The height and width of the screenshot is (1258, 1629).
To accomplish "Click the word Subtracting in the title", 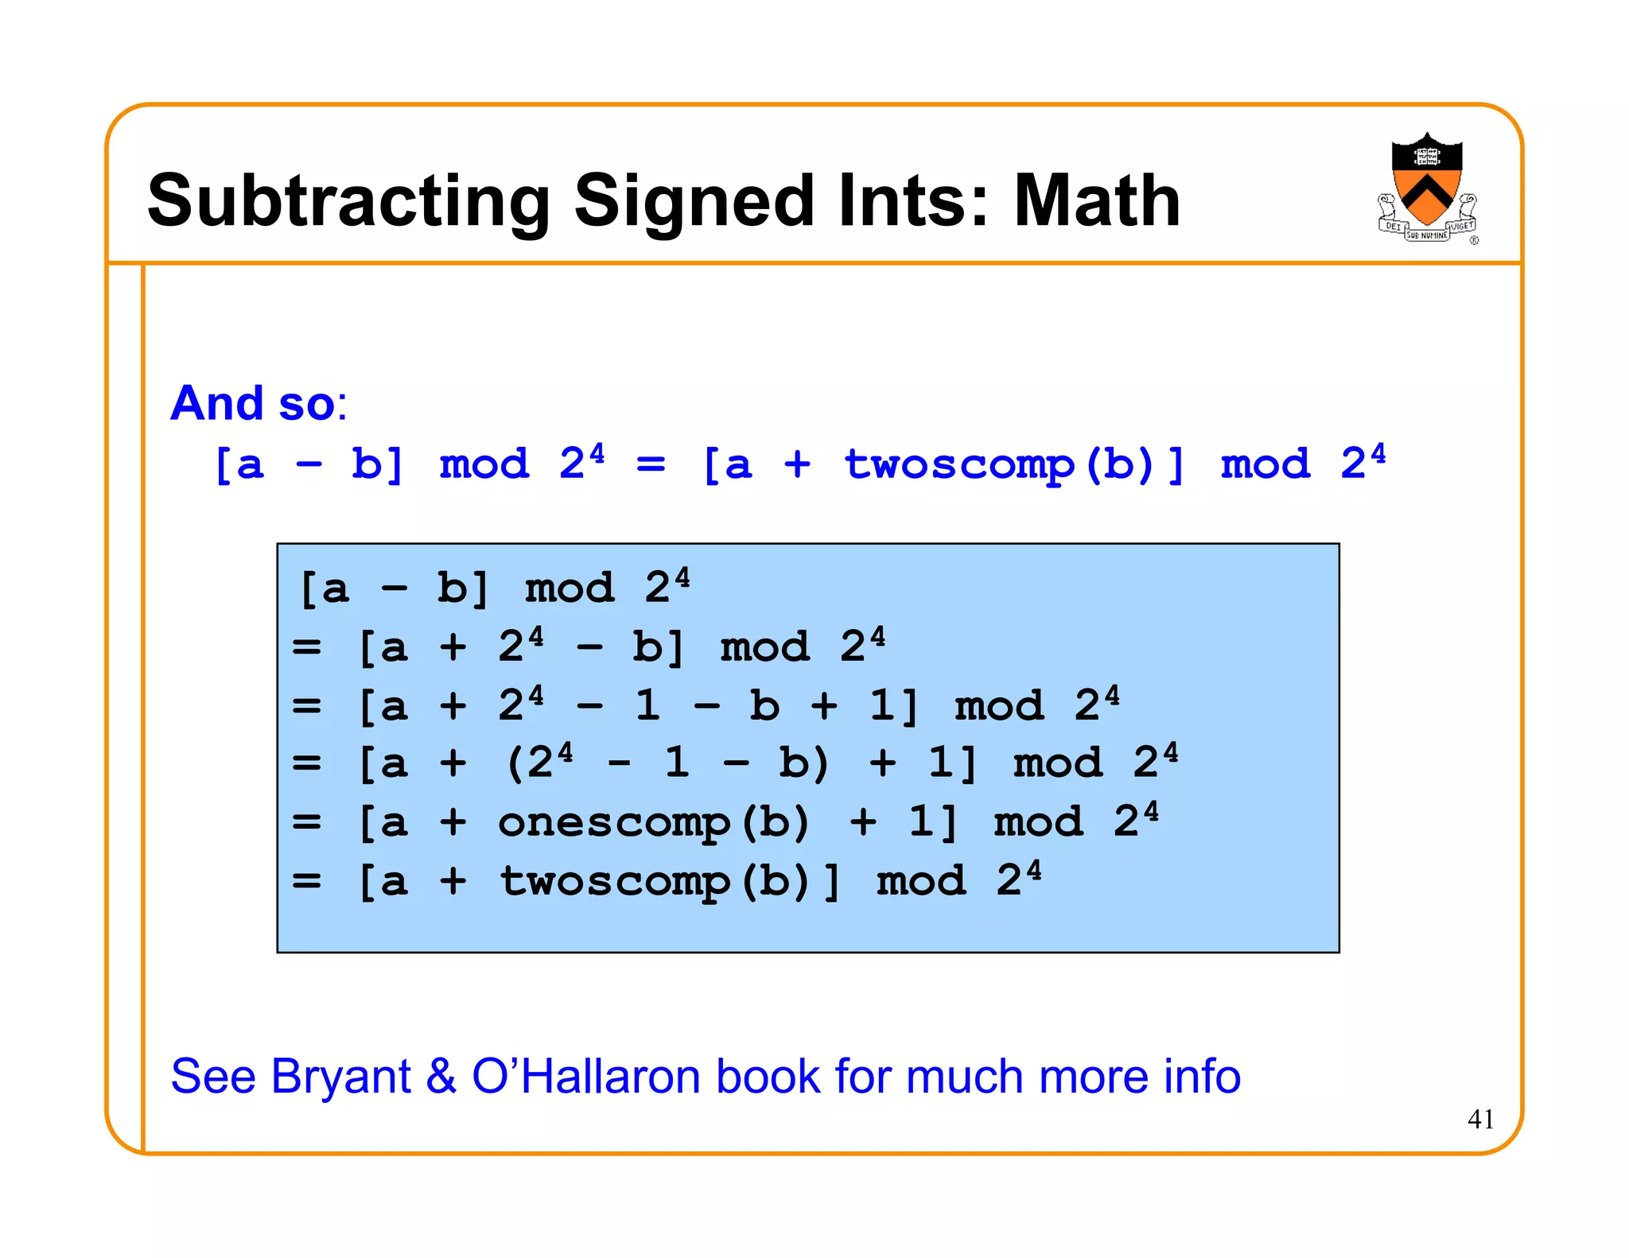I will point(348,201).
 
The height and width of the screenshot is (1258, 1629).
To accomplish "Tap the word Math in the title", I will point(1097,201).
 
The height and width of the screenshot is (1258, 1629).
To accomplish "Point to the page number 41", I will point(1480,1119).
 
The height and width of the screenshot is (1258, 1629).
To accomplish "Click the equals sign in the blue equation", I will point(651,464).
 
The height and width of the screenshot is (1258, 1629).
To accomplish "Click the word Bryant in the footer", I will point(340,1077).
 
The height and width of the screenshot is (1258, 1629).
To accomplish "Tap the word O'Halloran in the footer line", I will point(586,1076).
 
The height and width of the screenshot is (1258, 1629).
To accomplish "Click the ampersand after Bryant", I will point(441,1076).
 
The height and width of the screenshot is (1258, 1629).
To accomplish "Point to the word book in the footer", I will point(768,1076).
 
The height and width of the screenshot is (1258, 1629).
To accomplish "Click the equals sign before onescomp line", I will point(306,822).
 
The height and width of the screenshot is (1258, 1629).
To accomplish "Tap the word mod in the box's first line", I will point(570,589).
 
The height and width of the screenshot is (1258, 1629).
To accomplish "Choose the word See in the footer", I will point(213,1076).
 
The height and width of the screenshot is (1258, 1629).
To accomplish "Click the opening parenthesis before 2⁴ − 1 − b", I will point(515,763).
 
